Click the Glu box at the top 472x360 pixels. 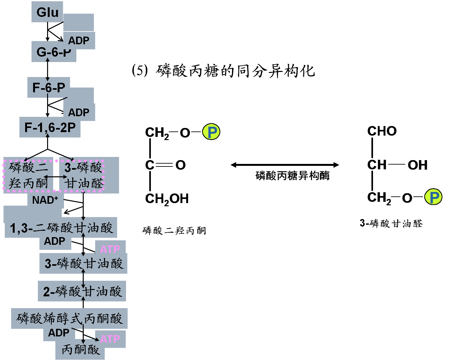(x=47, y=12)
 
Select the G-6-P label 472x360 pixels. (x=53, y=52)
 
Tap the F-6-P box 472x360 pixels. (x=49, y=88)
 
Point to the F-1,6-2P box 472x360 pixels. (x=50, y=128)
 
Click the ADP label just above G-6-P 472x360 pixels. (x=79, y=41)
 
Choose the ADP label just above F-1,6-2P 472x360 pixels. (x=79, y=112)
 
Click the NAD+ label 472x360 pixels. (x=45, y=200)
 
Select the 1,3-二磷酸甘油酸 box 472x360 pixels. (x=61, y=228)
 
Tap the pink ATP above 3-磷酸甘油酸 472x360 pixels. (x=110, y=249)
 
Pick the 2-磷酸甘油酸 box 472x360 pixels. (x=82, y=291)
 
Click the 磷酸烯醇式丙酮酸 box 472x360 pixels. (x=69, y=318)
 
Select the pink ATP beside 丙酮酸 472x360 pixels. (x=110, y=339)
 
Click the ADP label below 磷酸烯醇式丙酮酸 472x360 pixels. (x=59, y=333)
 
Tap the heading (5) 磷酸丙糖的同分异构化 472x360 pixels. (x=223, y=71)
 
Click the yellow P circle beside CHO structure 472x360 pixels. (x=433, y=197)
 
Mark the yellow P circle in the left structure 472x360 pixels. (x=211, y=132)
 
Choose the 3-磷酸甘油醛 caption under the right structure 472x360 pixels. (x=391, y=223)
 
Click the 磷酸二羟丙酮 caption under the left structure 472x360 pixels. (x=174, y=230)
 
